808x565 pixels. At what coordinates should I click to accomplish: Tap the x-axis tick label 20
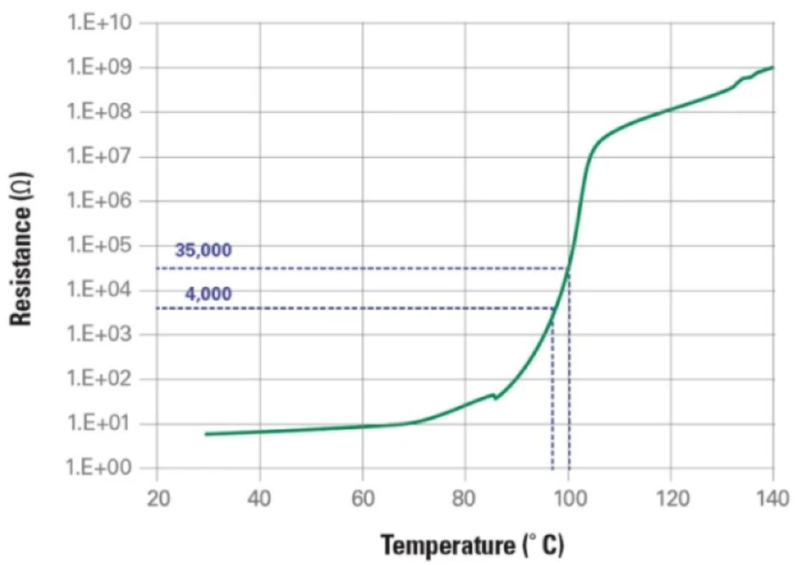(157, 498)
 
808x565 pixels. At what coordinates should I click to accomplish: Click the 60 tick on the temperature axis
(363, 498)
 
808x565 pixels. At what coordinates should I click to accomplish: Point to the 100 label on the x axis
(568, 498)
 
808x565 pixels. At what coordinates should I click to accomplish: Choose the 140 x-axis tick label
(773, 498)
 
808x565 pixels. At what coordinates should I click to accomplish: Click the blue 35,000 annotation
(203, 251)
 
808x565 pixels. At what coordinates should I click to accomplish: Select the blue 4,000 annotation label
(208, 293)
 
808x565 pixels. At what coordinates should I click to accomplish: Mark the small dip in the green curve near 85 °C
(495, 397)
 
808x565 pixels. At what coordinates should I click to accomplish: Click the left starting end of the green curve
(206, 433)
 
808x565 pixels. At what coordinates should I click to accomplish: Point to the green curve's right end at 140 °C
(772, 67)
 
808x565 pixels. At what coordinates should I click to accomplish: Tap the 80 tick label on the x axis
(465, 498)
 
